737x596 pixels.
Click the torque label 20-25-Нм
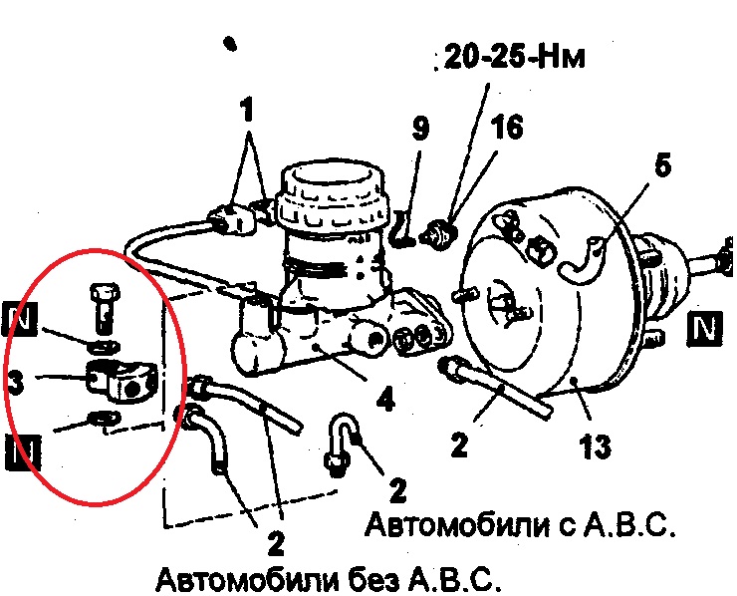pos(514,57)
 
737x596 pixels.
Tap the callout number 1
pos(246,109)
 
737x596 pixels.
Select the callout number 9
pos(420,129)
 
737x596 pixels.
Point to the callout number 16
pos(507,127)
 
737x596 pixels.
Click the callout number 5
pos(662,165)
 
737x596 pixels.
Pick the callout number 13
pos(595,446)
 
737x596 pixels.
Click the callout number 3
pos(16,382)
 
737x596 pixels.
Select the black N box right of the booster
pos(704,328)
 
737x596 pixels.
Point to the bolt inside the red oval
pos(105,305)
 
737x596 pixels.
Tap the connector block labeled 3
pos(121,381)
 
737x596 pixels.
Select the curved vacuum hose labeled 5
pos(582,262)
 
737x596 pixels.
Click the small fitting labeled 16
pos(440,232)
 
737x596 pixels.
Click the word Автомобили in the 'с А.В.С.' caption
pos(456,524)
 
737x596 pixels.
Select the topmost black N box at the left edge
pos(20,319)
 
